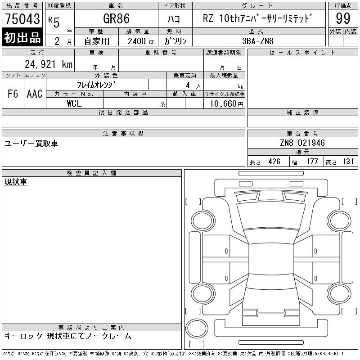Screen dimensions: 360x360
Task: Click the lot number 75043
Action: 22,19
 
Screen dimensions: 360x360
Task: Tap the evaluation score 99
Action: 343,19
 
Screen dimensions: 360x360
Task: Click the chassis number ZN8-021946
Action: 302,143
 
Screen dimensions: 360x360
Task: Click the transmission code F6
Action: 13,94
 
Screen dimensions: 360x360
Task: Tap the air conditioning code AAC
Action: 35,94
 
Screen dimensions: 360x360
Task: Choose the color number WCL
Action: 74,103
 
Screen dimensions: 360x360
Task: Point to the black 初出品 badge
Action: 22,38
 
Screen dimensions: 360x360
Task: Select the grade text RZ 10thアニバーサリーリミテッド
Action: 257,19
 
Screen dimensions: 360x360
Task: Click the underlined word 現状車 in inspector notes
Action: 16,182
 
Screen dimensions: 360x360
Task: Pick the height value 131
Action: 348,162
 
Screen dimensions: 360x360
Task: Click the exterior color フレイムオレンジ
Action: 96,84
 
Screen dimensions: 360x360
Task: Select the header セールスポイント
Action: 302,53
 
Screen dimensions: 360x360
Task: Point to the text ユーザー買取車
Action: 31,144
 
